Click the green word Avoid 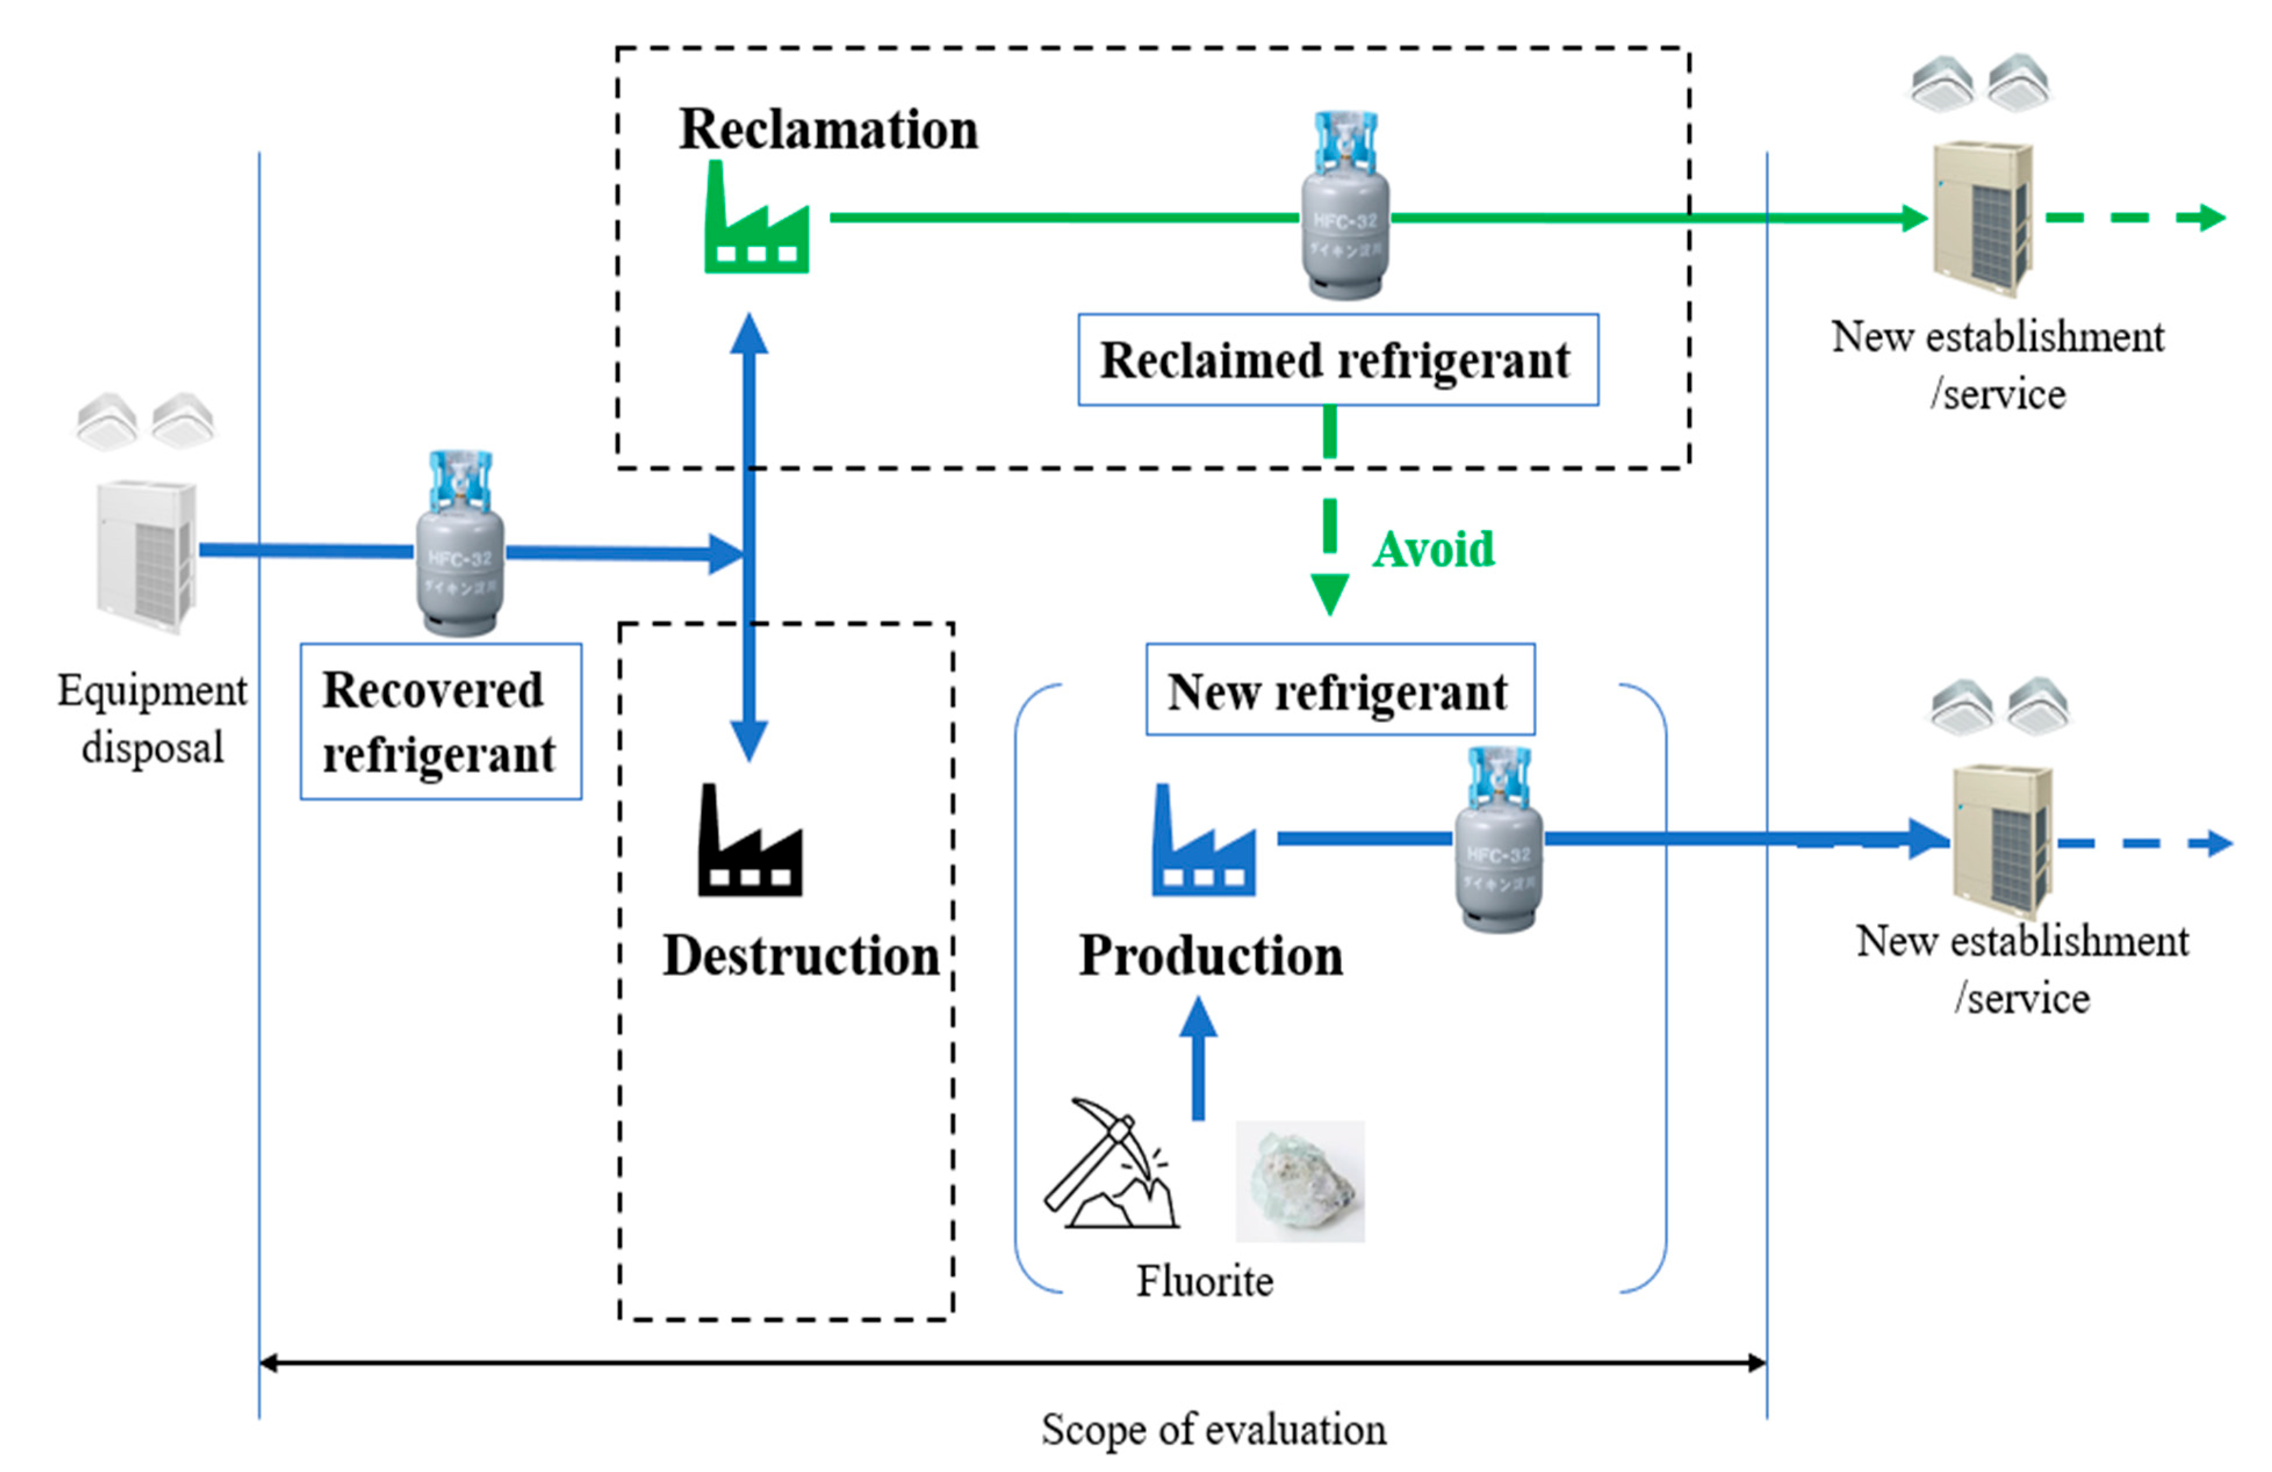point(1433,550)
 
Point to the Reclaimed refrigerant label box point(1337,360)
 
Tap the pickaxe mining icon point(1109,1165)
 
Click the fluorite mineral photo point(1299,1181)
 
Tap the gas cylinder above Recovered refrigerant point(459,546)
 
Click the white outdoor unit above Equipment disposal point(146,556)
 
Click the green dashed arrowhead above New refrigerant point(1330,594)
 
